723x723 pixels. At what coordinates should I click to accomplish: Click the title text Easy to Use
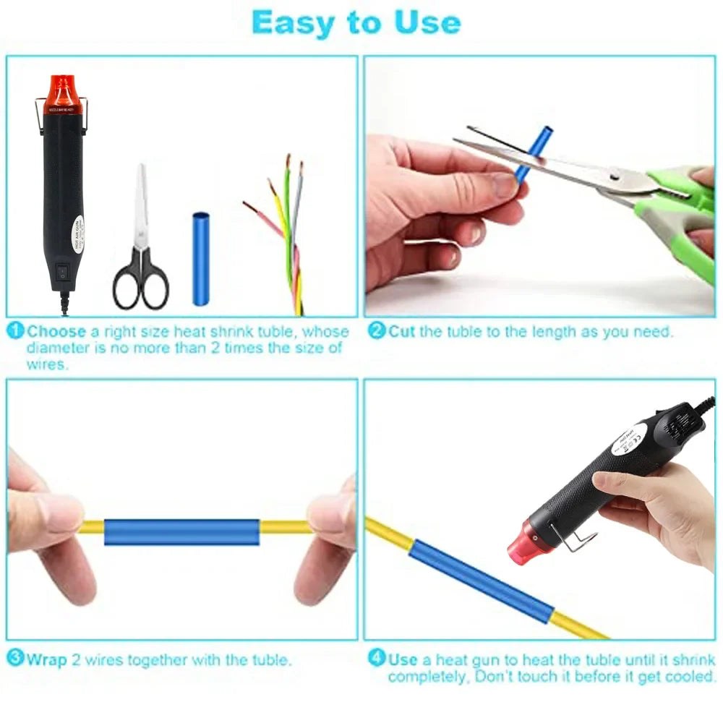click(x=356, y=23)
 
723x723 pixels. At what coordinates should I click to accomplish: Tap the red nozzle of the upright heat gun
click(x=63, y=93)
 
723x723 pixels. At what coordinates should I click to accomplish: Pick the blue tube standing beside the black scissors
click(x=200, y=258)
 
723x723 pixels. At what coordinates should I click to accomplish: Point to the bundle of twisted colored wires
click(x=286, y=231)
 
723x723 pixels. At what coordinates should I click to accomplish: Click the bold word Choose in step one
click(x=57, y=332)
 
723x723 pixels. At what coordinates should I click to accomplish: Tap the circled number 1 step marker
click(x=16, y=331)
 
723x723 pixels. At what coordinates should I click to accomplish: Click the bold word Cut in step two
click(x=402, y=332)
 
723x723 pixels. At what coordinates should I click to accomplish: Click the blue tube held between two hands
click(x=181, y=531)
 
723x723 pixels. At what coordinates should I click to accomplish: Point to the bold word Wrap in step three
click(x=47, y=659)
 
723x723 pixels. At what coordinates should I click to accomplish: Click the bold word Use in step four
click(x=403, y=659)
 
